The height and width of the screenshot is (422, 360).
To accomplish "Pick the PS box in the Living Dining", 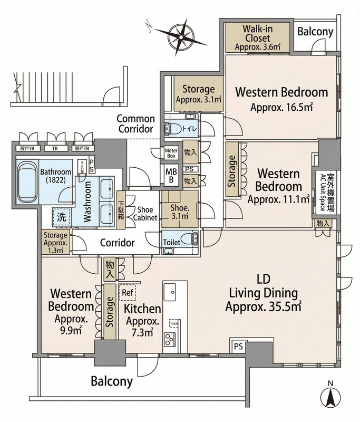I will [x=238, y=347].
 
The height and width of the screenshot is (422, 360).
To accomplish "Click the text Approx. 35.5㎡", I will [x=262, y=306].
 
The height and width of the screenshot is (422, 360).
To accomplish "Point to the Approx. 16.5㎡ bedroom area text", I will [x=281, y=108].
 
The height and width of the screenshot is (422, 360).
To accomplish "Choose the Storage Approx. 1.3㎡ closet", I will [x=56, y=243].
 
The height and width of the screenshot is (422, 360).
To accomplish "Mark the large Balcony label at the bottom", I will [x=111, y=381].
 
